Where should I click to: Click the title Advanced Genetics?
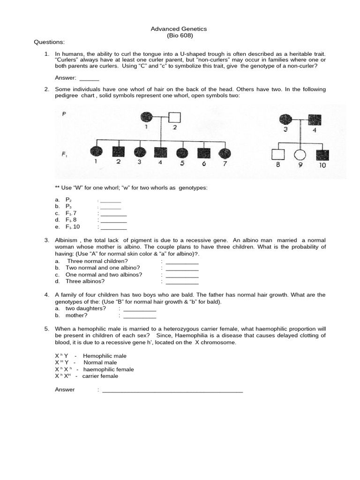point(179,29)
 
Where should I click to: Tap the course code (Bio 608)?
point(180,36)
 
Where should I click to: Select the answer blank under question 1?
point(90,79)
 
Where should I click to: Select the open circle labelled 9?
point(299,154)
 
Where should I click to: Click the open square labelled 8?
point(277,154)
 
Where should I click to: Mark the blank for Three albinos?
point(182,282)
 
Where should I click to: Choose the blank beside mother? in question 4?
point(139,316)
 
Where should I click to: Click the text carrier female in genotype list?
point(100,376)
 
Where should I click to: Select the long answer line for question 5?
point(172,390)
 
